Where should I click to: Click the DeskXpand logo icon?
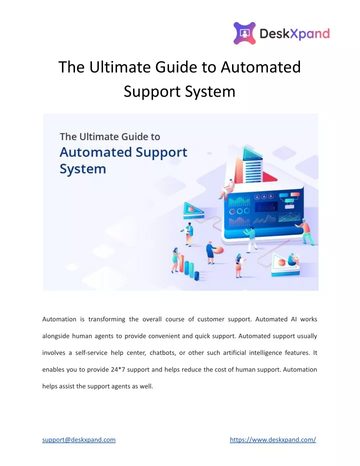tap(244, 33)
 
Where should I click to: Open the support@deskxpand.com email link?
tap(79, 440)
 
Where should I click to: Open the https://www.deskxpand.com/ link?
tap(273, 440)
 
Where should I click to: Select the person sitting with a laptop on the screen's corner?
tap(226, 189)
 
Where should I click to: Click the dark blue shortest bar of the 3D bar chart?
tap(196, 276)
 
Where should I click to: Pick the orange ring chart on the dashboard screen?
tap(232, 212)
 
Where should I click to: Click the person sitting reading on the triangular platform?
tap(292, 259)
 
